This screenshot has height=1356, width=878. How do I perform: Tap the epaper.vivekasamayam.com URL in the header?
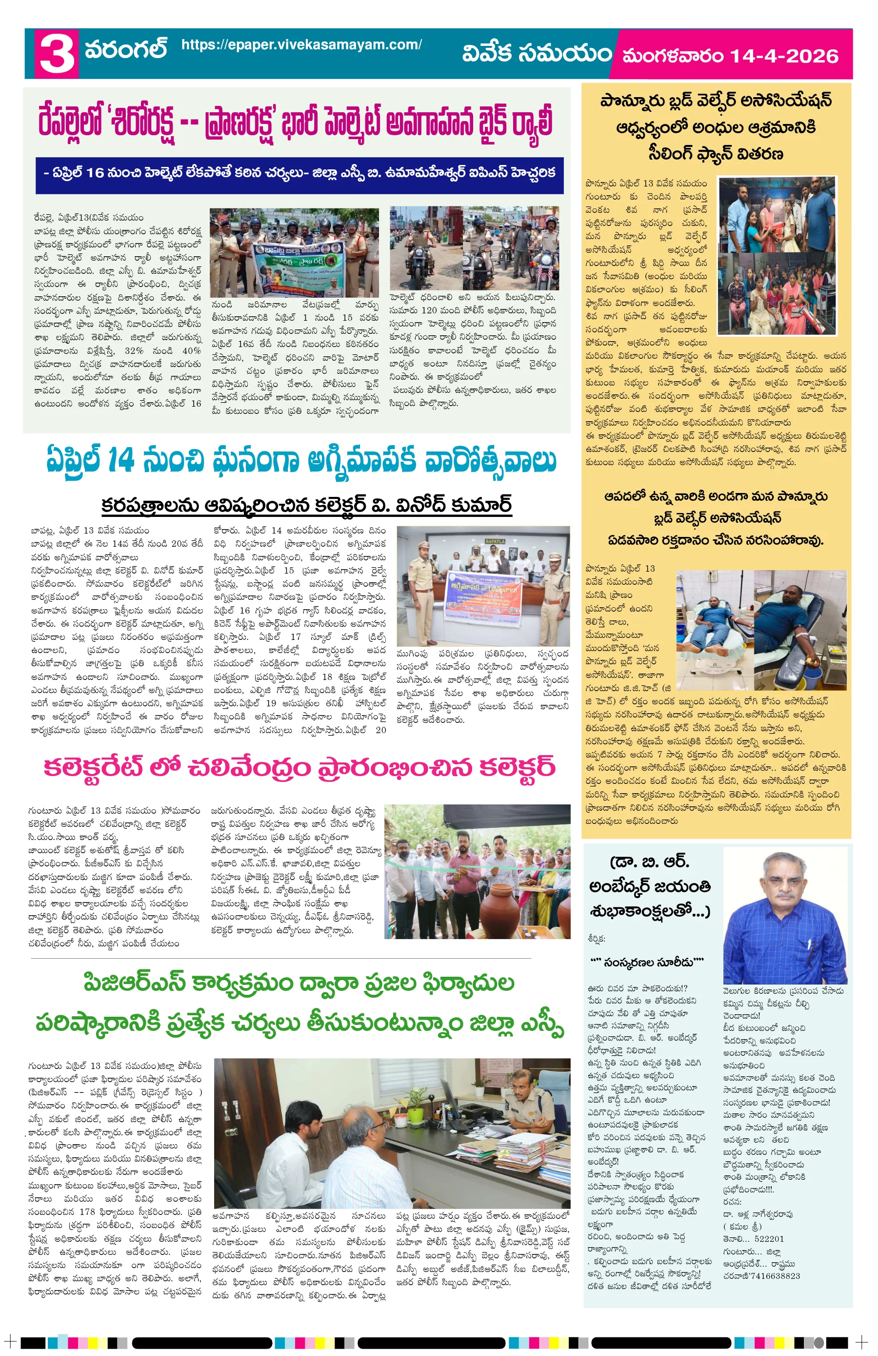pyautogui.click(x=301, y=45)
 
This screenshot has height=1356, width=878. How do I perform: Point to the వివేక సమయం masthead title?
pyautogui.click(x=537, y=54)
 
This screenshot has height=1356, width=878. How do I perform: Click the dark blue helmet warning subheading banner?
pyautogui.click(x=299, y=173)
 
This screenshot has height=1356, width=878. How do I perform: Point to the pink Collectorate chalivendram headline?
pyautogui.click(x=299, y=767)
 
